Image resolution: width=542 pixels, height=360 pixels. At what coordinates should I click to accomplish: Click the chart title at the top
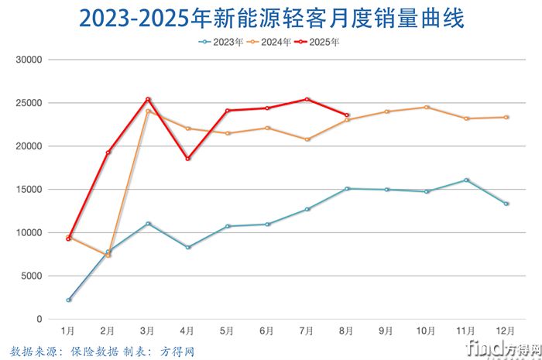click(270, 19)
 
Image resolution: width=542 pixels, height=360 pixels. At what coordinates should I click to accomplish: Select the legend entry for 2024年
click(270, 43)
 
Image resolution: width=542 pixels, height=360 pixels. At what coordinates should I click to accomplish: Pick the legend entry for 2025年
click(319, 43)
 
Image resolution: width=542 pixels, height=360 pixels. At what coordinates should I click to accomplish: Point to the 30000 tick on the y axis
click(31, 60)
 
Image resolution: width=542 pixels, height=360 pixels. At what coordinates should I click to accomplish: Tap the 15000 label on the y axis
click(31, 189)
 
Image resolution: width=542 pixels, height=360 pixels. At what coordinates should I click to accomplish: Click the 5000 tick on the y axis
click(33, 276)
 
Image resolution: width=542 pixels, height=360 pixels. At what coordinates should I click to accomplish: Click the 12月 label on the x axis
click(506, 331)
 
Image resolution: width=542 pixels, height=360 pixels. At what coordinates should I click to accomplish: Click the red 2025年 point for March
click(148, 99)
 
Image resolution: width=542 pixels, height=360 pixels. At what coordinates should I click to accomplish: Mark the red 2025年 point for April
click(188, 159)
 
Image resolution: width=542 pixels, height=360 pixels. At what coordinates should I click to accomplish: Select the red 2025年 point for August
click(347, 115)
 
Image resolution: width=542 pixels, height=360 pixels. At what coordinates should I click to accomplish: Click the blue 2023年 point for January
click(69, 300)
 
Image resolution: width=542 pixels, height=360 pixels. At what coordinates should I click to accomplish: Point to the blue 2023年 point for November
click(466, 180)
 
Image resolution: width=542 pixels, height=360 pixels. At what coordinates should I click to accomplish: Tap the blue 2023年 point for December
click(506, 204)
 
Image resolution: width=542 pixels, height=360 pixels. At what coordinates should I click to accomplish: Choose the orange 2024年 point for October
click(427, 107)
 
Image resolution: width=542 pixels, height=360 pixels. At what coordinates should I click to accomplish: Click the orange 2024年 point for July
click(307, 139)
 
